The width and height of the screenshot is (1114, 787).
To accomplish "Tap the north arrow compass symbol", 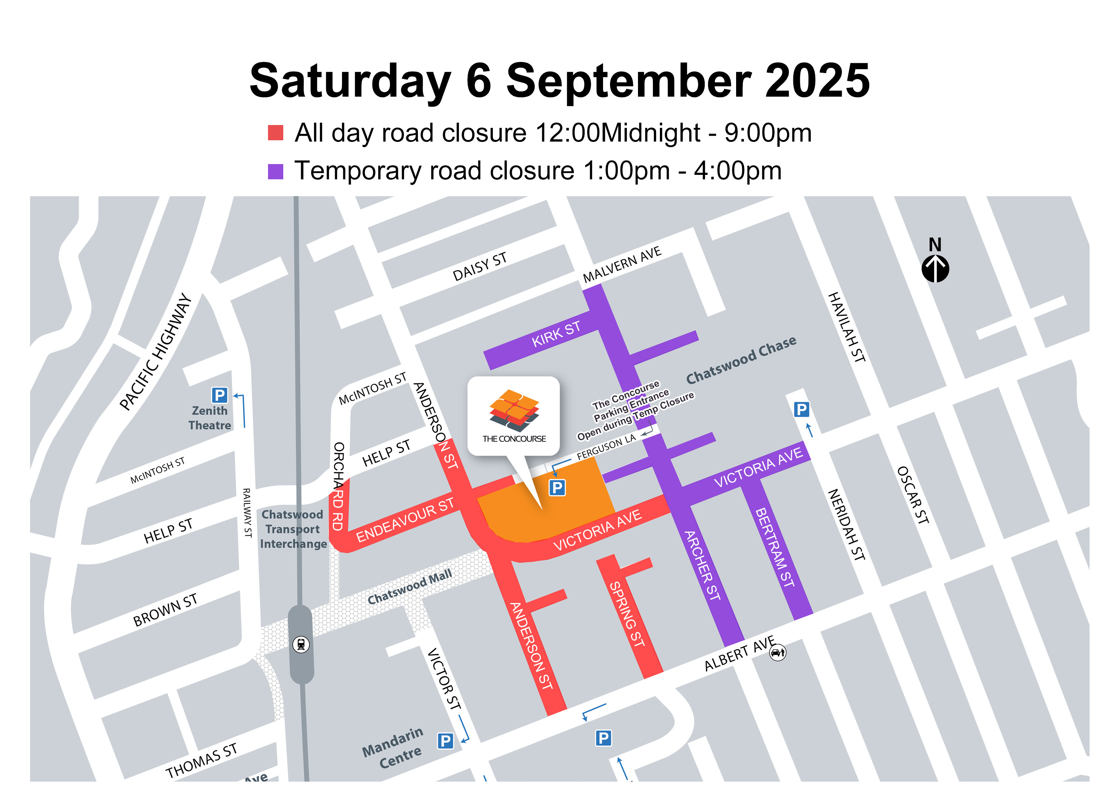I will point(935,268).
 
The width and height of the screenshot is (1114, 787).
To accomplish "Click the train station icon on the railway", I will point(301,645).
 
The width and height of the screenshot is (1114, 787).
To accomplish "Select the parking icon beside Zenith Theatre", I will point(219,395).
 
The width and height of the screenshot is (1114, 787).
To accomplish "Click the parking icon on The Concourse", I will point(557,487).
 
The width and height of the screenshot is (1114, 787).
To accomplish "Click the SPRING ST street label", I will point(627,614).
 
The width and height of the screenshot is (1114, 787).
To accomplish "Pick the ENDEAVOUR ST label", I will point(405,520).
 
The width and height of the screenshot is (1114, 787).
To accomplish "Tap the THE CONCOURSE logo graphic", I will point(514,411).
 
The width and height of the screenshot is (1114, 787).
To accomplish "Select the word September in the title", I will point(628,81).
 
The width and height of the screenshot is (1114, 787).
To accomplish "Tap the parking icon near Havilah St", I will point(801,410).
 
